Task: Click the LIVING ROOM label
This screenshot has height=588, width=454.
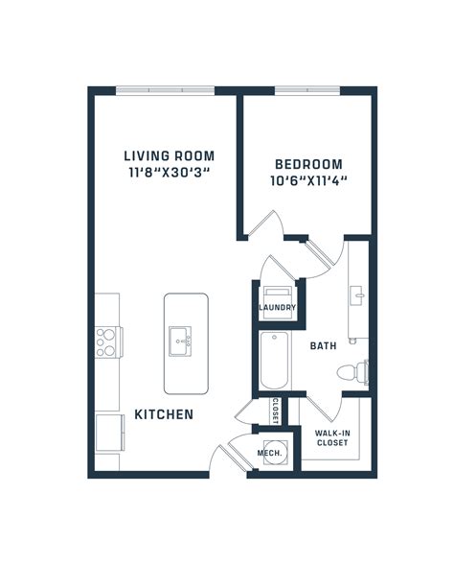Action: (168, 155)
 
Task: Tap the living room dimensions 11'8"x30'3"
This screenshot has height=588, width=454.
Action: (169, 174)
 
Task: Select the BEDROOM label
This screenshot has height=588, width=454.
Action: (307, 164)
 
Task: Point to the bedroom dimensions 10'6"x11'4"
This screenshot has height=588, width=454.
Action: (307, 180)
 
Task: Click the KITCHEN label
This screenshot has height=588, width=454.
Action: (164, 415)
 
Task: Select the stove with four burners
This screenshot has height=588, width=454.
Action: (106, 341)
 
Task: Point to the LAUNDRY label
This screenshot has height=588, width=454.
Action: (277, 308)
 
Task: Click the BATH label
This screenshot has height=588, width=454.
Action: (324, 346)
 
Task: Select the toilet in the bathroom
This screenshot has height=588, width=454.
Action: (359, 370)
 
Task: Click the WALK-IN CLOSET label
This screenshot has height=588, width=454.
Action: (331, 438)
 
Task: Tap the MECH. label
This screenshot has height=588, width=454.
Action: (268, 453)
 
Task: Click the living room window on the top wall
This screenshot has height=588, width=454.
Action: (165, 90)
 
